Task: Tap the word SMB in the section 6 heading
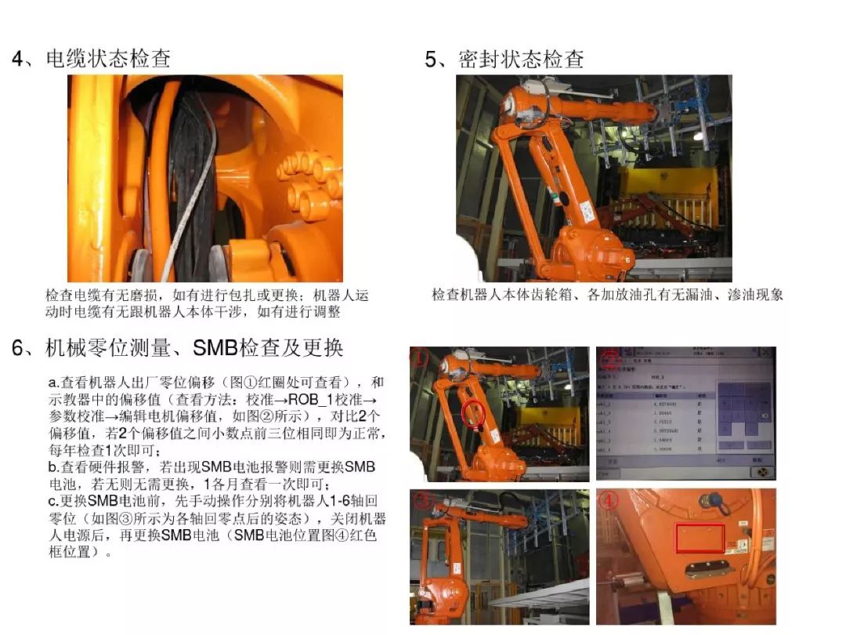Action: click(x=214, y=347)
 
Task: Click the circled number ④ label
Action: click(x=609, y=500)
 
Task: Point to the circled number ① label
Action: click(x=421, y=358)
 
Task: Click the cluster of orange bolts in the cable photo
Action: click(x=309, y=184)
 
